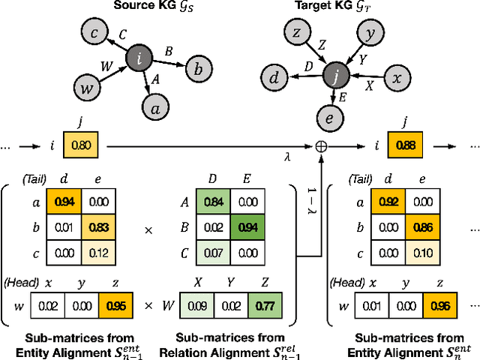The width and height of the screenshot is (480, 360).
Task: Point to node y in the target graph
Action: click(370, 34)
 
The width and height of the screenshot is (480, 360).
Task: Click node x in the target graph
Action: click(400, 77)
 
